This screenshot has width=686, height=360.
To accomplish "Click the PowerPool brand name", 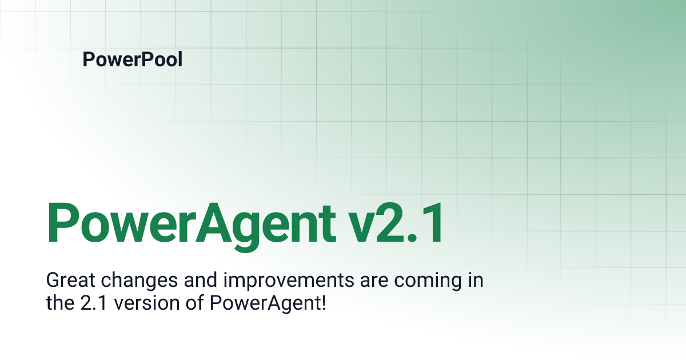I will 133,59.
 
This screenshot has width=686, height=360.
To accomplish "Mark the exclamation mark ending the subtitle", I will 324,302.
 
